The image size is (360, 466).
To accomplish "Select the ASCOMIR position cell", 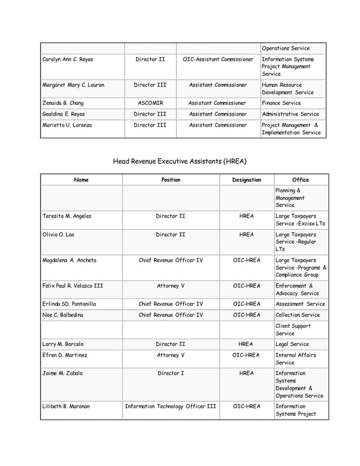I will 150,103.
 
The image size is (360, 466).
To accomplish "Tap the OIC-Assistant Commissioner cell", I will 218,59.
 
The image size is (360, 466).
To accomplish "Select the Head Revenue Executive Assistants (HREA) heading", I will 179,161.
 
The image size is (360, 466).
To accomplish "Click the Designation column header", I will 246,180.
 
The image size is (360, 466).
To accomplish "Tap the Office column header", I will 301,180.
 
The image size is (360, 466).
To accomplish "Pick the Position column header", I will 170,180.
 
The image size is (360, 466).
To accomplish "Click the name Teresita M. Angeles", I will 67,216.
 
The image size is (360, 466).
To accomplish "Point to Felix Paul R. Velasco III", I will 73,285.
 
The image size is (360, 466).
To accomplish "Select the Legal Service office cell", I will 292,344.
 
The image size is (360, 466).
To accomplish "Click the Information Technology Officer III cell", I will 170,406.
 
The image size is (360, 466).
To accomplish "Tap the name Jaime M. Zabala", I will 63,373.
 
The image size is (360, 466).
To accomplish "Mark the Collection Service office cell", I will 297,315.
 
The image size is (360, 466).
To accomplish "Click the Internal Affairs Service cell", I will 296,359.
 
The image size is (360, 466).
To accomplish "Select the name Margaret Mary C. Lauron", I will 73,85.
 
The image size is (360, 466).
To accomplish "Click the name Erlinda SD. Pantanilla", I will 69,304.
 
